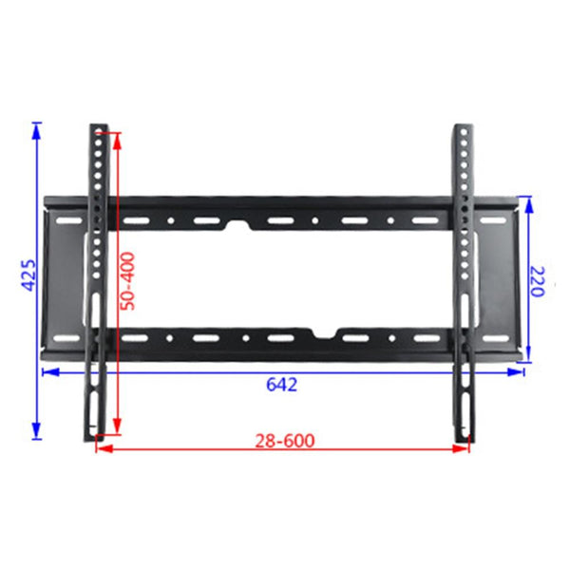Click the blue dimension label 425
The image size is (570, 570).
point(28,276)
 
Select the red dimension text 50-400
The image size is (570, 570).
point(128,280)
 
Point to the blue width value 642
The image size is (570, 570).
point(282,385)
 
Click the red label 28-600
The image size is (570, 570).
point(284,440)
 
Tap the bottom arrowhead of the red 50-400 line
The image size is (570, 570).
point(117,428)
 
